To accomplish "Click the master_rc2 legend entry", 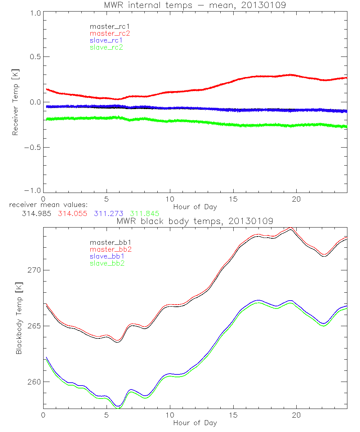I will pyautogui.click(x=110, y=33).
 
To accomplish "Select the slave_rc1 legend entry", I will pyautogui.click(x=107, y=40).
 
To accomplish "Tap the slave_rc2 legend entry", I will pyautogui.click(x=107, y=47).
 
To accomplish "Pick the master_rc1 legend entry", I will pyautogui.click(x=110, y=26).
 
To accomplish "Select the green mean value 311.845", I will pyautogui.click(x=145, y=213).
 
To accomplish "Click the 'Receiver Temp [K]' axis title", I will pyautogui.click(x=15, y=102).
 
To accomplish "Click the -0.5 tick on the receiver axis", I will pyautogui.click(x=32, y=147).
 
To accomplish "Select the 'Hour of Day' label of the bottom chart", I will pyautogui.click(x=195, y=423).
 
